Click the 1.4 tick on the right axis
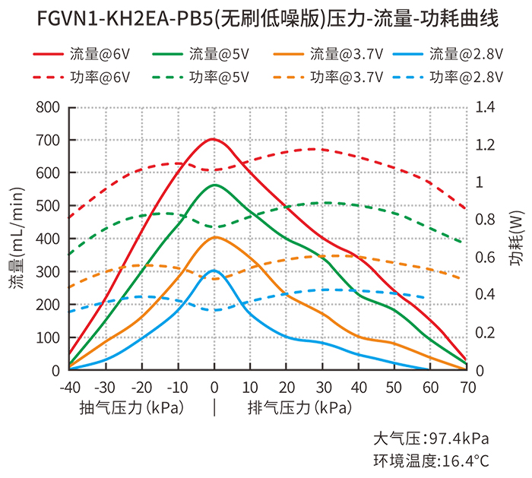(x=484, y=107)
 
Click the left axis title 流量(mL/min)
(x=17, y=239)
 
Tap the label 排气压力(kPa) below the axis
(x=300, y=407)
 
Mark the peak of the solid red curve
(x=214, y=139)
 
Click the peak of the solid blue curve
(x=214, y=271)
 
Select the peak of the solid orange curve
(x=215, y=237)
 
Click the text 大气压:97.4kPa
(x=431, y=439)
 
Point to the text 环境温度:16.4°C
(x=431, y=460)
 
